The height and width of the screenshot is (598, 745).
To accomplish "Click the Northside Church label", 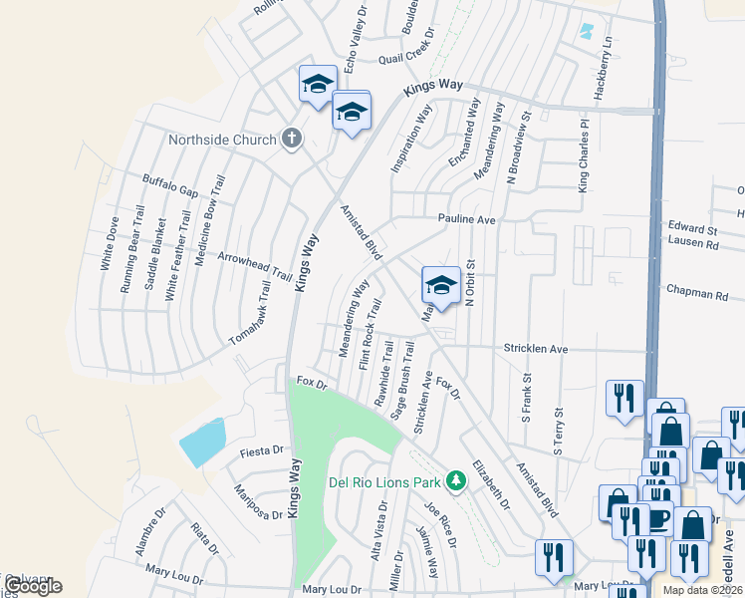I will pos(221,140).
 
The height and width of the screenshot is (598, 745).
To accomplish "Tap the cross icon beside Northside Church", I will pos(292,139).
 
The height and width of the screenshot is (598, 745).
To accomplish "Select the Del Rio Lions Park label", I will pos(384,482).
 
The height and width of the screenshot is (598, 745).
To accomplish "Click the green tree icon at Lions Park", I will pos(456,481).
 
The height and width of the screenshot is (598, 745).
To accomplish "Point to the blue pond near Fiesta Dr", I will pos(201,442).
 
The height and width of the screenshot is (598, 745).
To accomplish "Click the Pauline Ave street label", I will pos(467,218).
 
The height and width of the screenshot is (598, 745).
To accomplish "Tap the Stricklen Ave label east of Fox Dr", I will pos(536,350).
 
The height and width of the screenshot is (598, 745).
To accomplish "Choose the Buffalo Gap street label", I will pos(170,179).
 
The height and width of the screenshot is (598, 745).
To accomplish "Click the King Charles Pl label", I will pos(585,158).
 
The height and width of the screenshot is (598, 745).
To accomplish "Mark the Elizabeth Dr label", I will pos(491,484).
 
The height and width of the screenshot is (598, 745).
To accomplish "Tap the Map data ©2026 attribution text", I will pos(703,590).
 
